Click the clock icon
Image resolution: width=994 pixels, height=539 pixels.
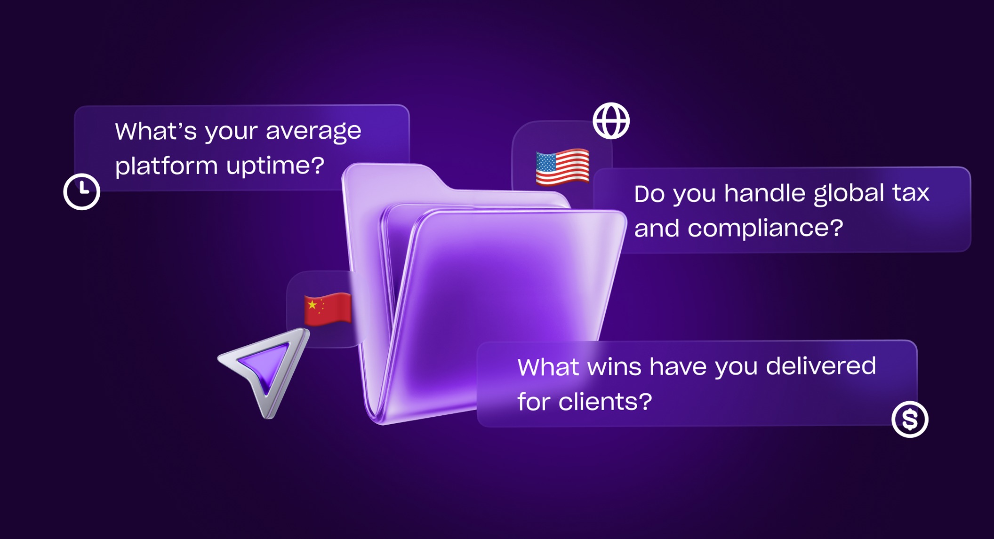(x=82, y=191)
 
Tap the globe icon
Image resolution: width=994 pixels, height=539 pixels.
(x=611, y=121)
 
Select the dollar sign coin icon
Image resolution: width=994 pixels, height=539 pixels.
(x=910, y=419)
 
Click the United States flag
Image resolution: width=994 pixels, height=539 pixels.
(x=563, y=166)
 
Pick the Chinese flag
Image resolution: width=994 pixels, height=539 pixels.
(x=328, y=309)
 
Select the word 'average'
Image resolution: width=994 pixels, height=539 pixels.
(x=313, y=132)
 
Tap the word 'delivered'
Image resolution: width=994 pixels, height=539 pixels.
(x=821, y=366)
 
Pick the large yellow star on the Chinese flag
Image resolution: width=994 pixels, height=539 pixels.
(x=312, y=305)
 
